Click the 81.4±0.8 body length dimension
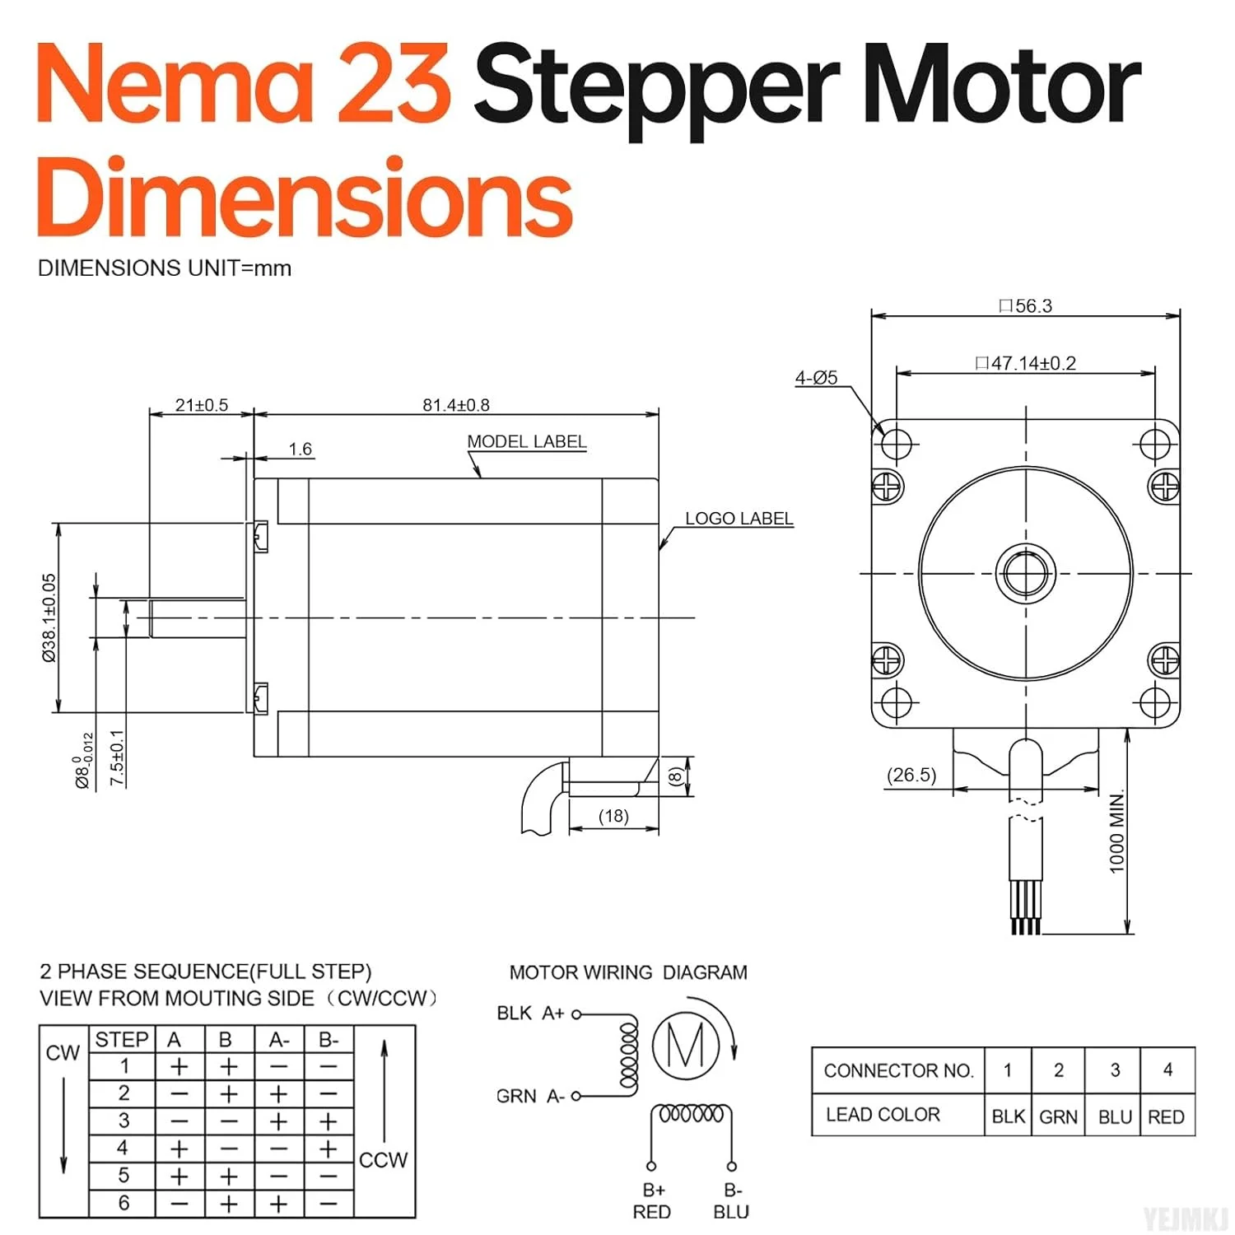tap(456, 405)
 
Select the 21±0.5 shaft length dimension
tap(201, 405)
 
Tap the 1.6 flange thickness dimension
tap(301, 449)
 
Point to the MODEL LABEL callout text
tap(527, 441)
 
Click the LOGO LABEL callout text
tap(739, 519)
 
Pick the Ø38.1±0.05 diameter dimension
tap(50, 617)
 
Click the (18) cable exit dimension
tap(613, 816)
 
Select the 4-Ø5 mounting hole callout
tap(816, 378)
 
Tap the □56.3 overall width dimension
tap(1025, 306)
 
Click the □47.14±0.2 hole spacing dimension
tap(1025, 363)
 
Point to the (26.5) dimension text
tap(911, 776)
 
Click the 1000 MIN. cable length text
tap(1116, 832)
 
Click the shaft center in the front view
tap(1026, 574)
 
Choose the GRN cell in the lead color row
tap(1058, 1116)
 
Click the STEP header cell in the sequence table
tap(122, 1040)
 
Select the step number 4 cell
tap(123, 1148)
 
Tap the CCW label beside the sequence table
tap(384, 1160)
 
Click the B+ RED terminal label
tap(652, 1201)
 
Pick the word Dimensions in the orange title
tap(305, 198)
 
